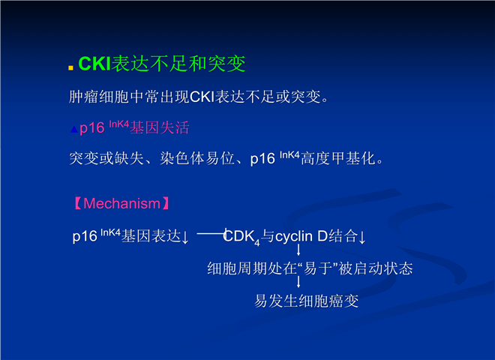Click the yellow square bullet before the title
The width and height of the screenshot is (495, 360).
click(71, 67)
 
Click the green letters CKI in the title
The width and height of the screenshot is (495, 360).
click(94, 64)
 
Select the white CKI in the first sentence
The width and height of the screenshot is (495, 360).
click(202, 97)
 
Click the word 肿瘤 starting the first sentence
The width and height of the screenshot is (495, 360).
click(83, 97)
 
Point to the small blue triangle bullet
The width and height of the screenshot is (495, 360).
click(73, 129)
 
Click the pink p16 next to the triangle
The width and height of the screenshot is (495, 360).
click(91, 128)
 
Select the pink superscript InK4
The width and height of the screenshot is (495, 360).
click(119, 124)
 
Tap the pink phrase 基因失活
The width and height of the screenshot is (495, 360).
click(160, 128)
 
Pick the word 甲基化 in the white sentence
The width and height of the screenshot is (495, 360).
click(353, 158)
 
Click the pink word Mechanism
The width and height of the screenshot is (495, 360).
click(121, 204)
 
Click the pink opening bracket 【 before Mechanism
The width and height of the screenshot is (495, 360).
click(78, 204)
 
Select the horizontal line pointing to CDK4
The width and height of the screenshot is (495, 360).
click(211, 234)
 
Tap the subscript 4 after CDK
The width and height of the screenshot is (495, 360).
click(257, 243)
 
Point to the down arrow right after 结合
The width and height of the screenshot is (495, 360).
click(362, 237)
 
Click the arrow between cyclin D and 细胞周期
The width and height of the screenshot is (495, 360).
click(298, 250)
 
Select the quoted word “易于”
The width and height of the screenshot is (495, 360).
click(317, 268)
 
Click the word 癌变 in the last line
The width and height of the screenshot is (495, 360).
click(343, 301)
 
